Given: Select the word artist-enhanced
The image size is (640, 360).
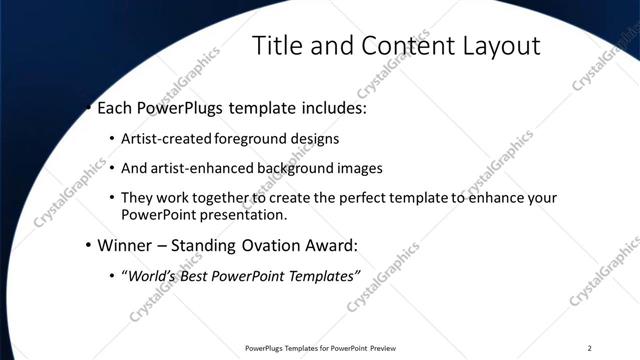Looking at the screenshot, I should pyautogui.click(x=198, y=168).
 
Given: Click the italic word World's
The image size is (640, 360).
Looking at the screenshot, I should pyautogui.click(x=149, y=275).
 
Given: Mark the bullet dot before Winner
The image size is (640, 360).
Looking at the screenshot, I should pyautogui.click(x=88, y=245).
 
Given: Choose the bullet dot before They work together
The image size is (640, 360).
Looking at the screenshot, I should pyautogui.click(x=112, y=198).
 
